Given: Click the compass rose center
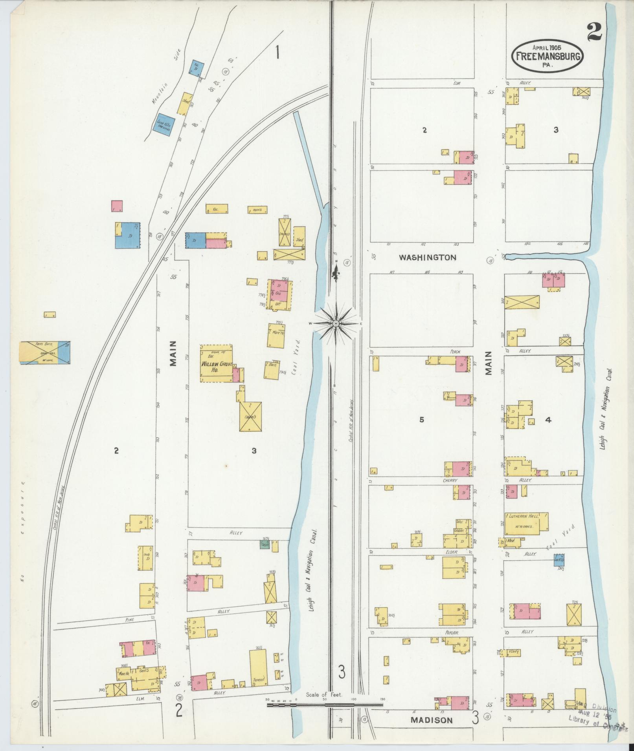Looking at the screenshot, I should (336, 323).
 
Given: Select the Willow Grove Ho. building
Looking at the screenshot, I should (216, 363).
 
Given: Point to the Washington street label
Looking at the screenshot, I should (428, 258).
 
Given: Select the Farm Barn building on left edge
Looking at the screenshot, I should (45, 352).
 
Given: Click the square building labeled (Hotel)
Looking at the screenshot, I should (251, 417).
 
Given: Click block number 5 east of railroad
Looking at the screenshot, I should (421, 420).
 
